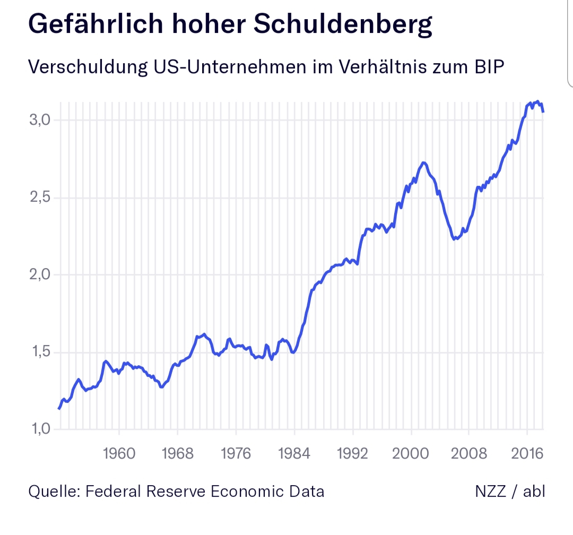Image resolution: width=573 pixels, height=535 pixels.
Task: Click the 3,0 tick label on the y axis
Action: click(39, 119)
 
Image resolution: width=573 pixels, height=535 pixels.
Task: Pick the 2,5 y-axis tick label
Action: click(39, 197)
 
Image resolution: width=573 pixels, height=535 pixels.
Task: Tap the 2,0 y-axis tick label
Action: click(39, 274)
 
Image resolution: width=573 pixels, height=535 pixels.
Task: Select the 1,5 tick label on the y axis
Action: click(39, 352)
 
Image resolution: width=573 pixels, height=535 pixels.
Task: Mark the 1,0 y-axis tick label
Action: click(39, 429)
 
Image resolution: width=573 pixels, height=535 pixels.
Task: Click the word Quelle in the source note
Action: click(51, 491)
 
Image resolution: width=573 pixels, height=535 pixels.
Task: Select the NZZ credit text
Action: click(490, 491)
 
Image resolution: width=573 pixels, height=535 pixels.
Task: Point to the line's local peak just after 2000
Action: click(423, 162)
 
